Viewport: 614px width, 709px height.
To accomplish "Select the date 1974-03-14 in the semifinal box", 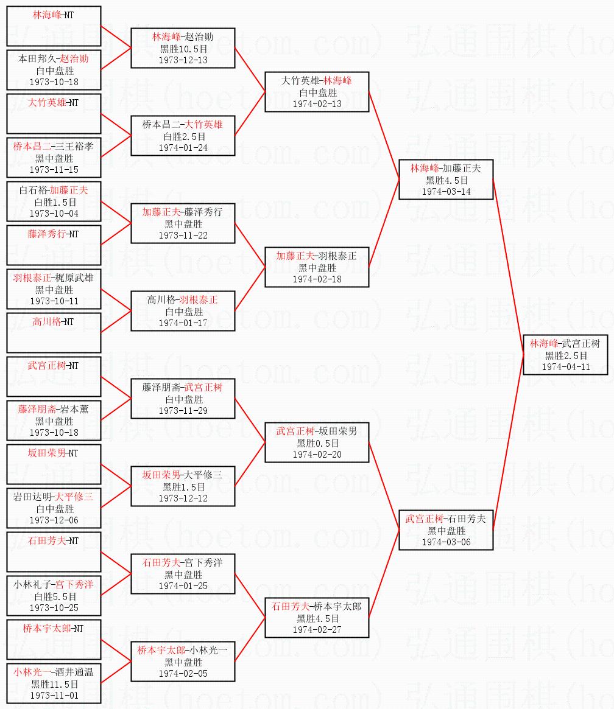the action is coord(446,192).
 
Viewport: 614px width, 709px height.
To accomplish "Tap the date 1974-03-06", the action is coord(446,542).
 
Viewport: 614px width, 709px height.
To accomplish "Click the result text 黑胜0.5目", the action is coord(317,443).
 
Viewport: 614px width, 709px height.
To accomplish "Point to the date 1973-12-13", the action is coord(183,60).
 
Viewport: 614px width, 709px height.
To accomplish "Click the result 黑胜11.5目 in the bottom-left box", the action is coord(54,684).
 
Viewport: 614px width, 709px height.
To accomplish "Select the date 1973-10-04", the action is coord(54,214).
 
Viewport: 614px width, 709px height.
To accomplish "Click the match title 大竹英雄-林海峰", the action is coord(317,81).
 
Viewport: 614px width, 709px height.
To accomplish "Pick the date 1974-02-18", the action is coord(317,279).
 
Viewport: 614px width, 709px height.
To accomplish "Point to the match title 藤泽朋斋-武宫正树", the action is coord(182,388).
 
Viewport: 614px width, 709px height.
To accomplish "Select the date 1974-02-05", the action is coord(183,674).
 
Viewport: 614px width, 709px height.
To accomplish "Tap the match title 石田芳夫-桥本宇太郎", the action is coord(317,606).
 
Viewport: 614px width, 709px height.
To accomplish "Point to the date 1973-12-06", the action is coord(54,520).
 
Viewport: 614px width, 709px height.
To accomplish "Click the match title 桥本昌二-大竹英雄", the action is coord(182,125).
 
